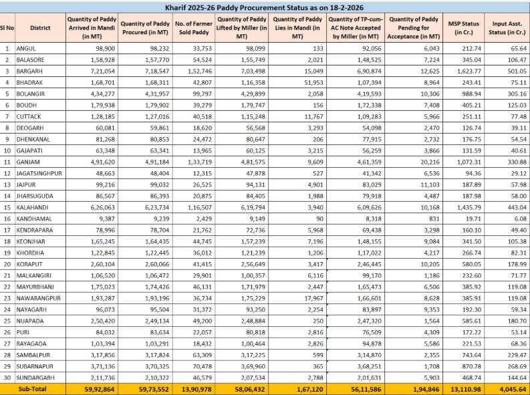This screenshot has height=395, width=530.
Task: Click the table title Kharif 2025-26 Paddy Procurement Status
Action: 265,7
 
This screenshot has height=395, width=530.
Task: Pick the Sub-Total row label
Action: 33,388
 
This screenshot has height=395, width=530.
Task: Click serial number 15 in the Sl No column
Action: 7,207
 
